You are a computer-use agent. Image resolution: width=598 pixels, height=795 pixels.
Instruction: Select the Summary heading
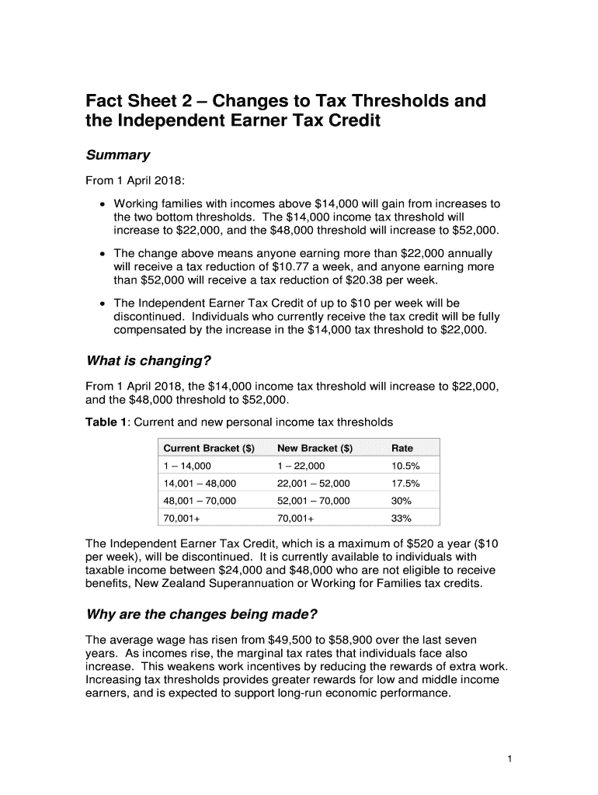117,155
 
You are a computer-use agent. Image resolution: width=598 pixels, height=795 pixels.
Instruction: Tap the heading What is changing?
148,362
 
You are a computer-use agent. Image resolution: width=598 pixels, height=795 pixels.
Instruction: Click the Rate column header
402,448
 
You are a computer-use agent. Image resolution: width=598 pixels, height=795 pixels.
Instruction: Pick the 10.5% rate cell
405,467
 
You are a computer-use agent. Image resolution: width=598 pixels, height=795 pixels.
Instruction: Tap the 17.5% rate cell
405,484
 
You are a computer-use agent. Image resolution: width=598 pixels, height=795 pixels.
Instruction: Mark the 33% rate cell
402,518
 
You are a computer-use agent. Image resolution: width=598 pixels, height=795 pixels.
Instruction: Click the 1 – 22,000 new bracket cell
301,467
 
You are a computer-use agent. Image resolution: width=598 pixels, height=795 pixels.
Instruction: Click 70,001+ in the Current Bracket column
180,518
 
